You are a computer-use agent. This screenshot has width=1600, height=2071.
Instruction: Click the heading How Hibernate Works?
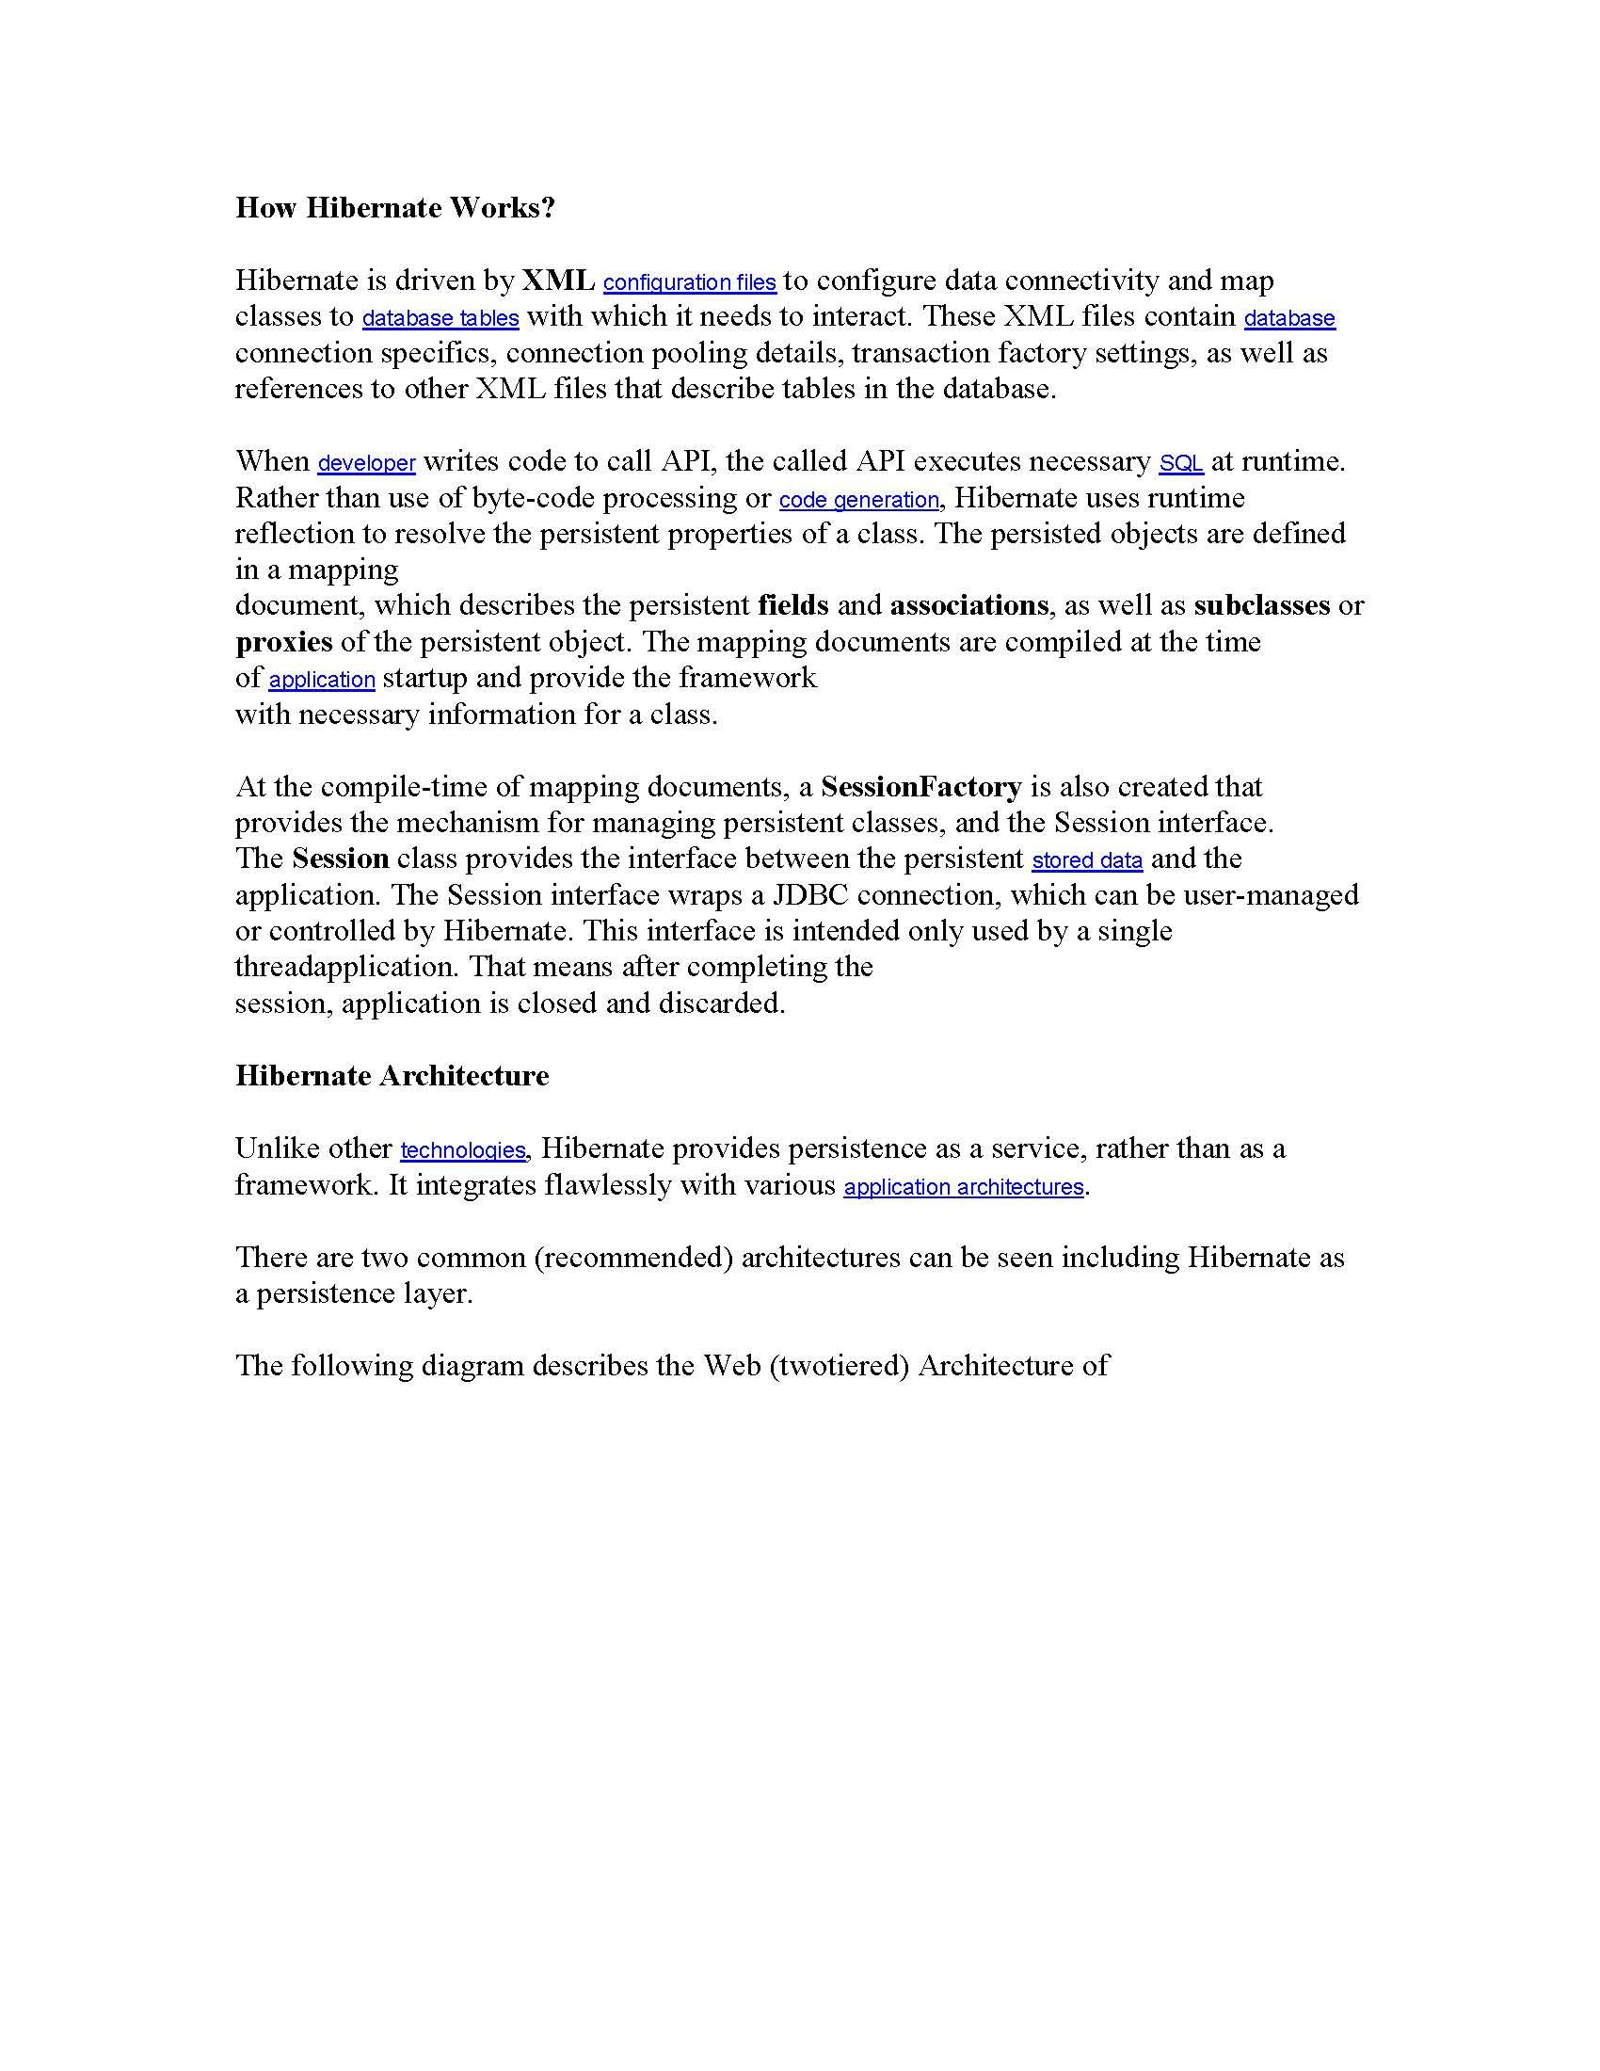[394, 208]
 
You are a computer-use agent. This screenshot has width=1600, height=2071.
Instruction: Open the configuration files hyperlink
[689, 282]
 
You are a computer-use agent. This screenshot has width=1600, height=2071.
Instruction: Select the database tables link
[440, 318]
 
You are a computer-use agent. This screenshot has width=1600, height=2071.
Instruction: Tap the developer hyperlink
[366, 464]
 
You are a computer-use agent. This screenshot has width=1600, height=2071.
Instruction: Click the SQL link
[1181, 464]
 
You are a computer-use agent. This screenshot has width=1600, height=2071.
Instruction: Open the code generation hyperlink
[858, 500]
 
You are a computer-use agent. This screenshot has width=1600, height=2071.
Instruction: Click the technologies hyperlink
[462, 1150]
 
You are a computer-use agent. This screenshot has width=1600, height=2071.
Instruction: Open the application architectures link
[963, 1187]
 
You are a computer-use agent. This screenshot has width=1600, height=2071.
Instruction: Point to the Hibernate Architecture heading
[392, 1075]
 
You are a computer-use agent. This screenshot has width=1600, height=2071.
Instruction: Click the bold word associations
[968, 605]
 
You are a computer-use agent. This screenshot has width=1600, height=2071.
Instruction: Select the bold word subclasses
[1261, 605]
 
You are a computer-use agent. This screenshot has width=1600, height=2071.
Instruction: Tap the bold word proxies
[283, 642]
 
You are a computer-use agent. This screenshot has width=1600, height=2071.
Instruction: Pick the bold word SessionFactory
[920, 786]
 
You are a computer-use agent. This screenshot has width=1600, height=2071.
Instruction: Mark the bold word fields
[793, 605]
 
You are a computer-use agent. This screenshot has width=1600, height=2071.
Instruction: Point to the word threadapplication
[348, 967]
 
